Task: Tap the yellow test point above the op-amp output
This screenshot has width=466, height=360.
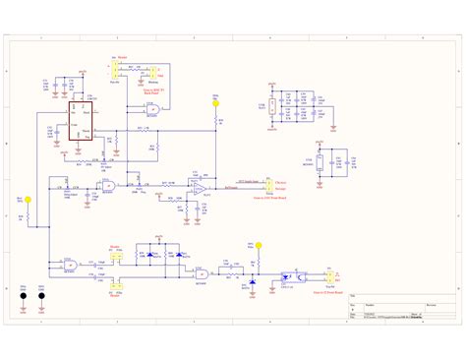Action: tap(214, 101)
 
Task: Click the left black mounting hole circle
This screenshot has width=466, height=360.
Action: tap(22, 293)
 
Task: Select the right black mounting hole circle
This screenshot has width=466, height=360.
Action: tap(42, 293)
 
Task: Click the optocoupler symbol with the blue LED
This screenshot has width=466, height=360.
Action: tap(292, 275)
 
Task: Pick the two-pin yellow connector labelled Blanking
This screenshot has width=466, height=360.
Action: tap(152, 72)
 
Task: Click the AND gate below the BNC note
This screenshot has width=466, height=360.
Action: tap(153, 114)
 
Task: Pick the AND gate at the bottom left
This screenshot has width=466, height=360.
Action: tap(70, 265)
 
